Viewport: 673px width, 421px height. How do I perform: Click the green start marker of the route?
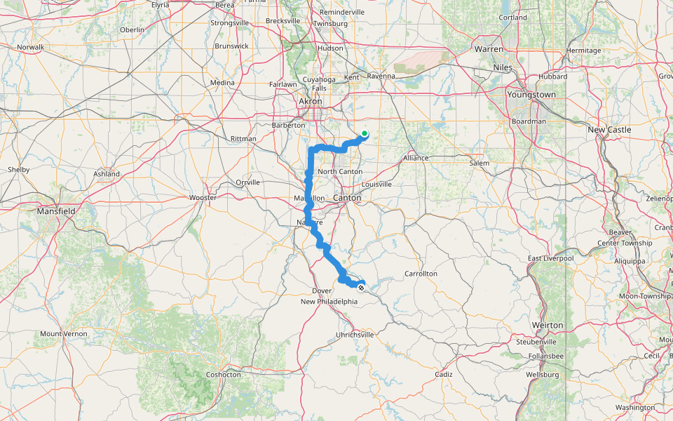365,133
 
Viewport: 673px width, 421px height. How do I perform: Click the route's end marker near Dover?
361,288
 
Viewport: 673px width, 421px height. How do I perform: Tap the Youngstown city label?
531,95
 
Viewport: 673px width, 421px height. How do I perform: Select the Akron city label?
310,102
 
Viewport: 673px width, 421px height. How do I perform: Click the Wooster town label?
203,198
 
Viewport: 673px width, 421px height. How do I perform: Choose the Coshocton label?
223,375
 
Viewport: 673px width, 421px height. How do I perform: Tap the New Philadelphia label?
329,302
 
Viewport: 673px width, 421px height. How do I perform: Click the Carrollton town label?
421,274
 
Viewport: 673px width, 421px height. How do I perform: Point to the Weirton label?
548,326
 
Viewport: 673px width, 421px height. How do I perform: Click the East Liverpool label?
551,258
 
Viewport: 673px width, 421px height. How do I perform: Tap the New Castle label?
609,130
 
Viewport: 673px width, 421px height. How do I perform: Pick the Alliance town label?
415,158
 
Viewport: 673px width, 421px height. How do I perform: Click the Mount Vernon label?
64,334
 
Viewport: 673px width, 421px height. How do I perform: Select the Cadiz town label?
443,375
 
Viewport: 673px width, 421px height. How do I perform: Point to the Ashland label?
107,174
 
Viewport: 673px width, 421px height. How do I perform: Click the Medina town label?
222,83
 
